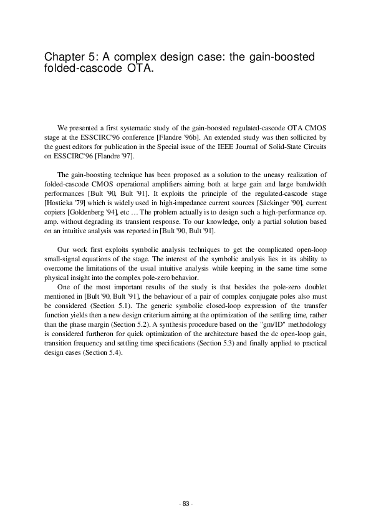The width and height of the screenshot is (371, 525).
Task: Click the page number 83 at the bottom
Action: click(x=185, y=503)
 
